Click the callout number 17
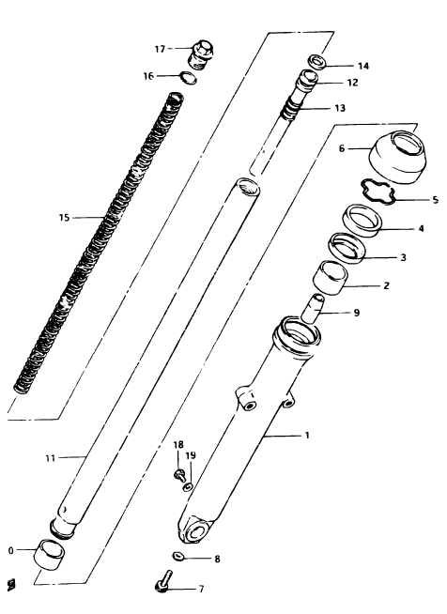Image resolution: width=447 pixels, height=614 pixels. click(x=160, y=49)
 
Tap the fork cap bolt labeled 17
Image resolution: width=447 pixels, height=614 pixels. click(x=201, y=54)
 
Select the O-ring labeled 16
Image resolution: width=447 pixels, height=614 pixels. click(x=188, y=78)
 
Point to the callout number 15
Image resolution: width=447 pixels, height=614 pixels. click(x=64, y=217)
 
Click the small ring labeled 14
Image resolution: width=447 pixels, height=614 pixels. click(x=318, y=62)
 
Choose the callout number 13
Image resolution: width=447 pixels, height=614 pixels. click(x=340, y=108)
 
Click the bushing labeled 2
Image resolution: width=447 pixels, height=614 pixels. click(x=331, y=277)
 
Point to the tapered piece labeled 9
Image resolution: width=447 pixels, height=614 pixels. click(x=313, y=309)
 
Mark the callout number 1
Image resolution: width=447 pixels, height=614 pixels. click(x=307, y=435)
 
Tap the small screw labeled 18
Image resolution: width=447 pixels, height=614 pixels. click(x=179, y=474)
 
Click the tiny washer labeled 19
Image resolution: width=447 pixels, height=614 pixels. click(x=188, y=486)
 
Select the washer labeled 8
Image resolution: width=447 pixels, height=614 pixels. click(x=178, y=556)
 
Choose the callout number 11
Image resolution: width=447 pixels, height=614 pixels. click(x=50, y=458)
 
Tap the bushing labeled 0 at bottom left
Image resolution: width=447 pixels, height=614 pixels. click(x=50, y=553)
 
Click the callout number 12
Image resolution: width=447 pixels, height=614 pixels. click(x=352, y=83)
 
